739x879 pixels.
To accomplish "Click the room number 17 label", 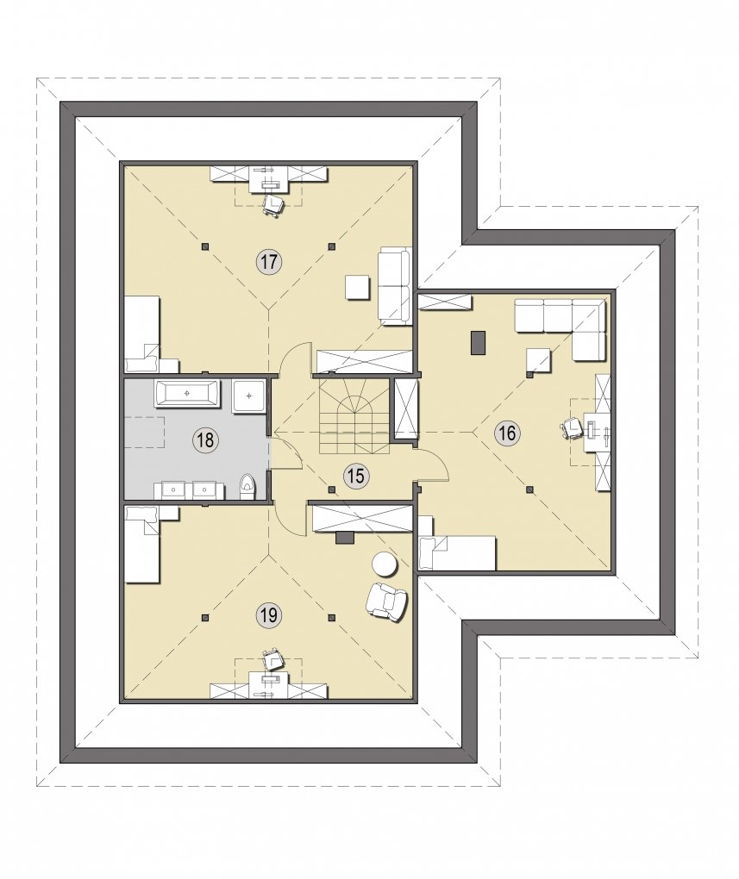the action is (x=268, y=262).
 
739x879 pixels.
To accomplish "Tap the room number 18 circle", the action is (x=205, y=440).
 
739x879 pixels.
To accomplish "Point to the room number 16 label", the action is (x=507, y=433).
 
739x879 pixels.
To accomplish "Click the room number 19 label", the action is (x=268, y=615).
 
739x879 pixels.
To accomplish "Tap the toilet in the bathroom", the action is (x=247, y=487).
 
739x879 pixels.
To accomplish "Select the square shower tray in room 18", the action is (x=248, y=396).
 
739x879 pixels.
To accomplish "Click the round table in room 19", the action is (x=385, y=564).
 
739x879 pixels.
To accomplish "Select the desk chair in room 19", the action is (x=272, y=660).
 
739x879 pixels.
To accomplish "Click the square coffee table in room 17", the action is (x=358, y=287).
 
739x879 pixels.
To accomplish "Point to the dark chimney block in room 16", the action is (x=478, y=342).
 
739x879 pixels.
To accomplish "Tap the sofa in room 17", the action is (x=394, y=286).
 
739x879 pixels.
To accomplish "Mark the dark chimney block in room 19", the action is (x=345, y=537).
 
